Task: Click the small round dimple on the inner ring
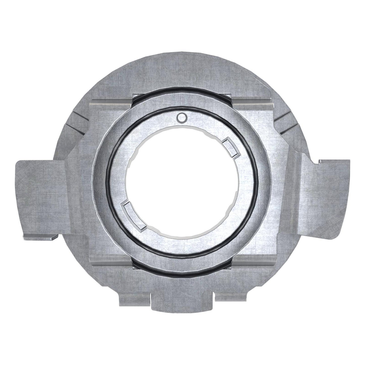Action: (x=182, y=117)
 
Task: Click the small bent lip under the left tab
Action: (x=40, y=237)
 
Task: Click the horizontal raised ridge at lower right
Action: (x=253, y=264)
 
